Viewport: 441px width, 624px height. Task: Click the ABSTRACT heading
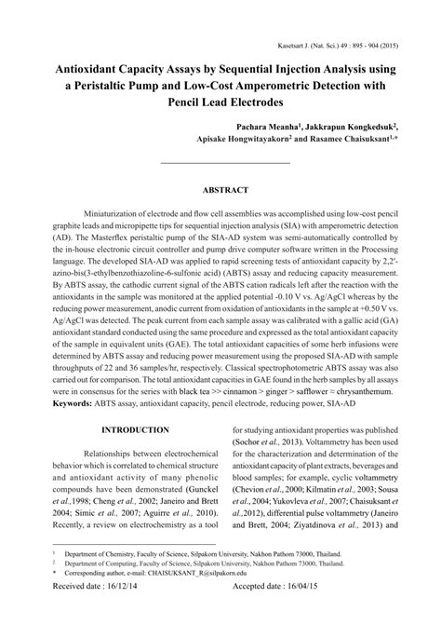[220, 190]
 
